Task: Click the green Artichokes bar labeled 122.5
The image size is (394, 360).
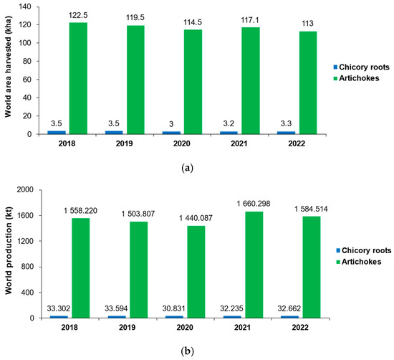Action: tap(78, 78)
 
